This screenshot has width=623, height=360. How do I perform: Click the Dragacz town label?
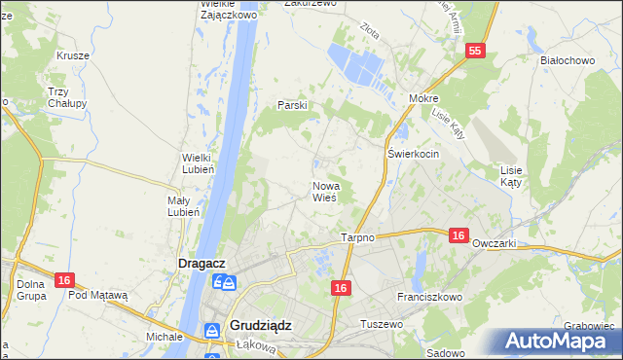point(202,263)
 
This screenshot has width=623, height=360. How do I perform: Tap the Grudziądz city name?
point(266,326)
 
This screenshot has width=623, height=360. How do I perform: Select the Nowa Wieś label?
point(324,191)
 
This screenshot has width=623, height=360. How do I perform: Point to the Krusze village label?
point(73,55)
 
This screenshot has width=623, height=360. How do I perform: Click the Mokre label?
point(424,99)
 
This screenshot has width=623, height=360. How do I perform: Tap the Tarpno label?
point(358,238)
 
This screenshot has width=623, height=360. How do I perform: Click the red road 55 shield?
point(474,52)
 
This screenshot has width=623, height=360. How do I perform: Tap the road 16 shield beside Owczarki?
point(459,234)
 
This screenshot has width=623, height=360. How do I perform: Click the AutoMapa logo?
point(559,341)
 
